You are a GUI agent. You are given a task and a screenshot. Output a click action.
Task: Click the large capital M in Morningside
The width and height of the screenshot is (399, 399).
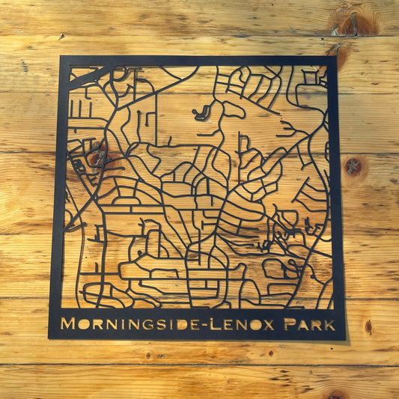(x=67, y=324)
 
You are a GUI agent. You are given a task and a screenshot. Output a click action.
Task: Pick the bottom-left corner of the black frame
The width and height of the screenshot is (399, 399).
(x=49, y=338)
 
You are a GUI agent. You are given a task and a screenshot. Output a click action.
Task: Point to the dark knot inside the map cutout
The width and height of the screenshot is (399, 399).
(x=98, y=157)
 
